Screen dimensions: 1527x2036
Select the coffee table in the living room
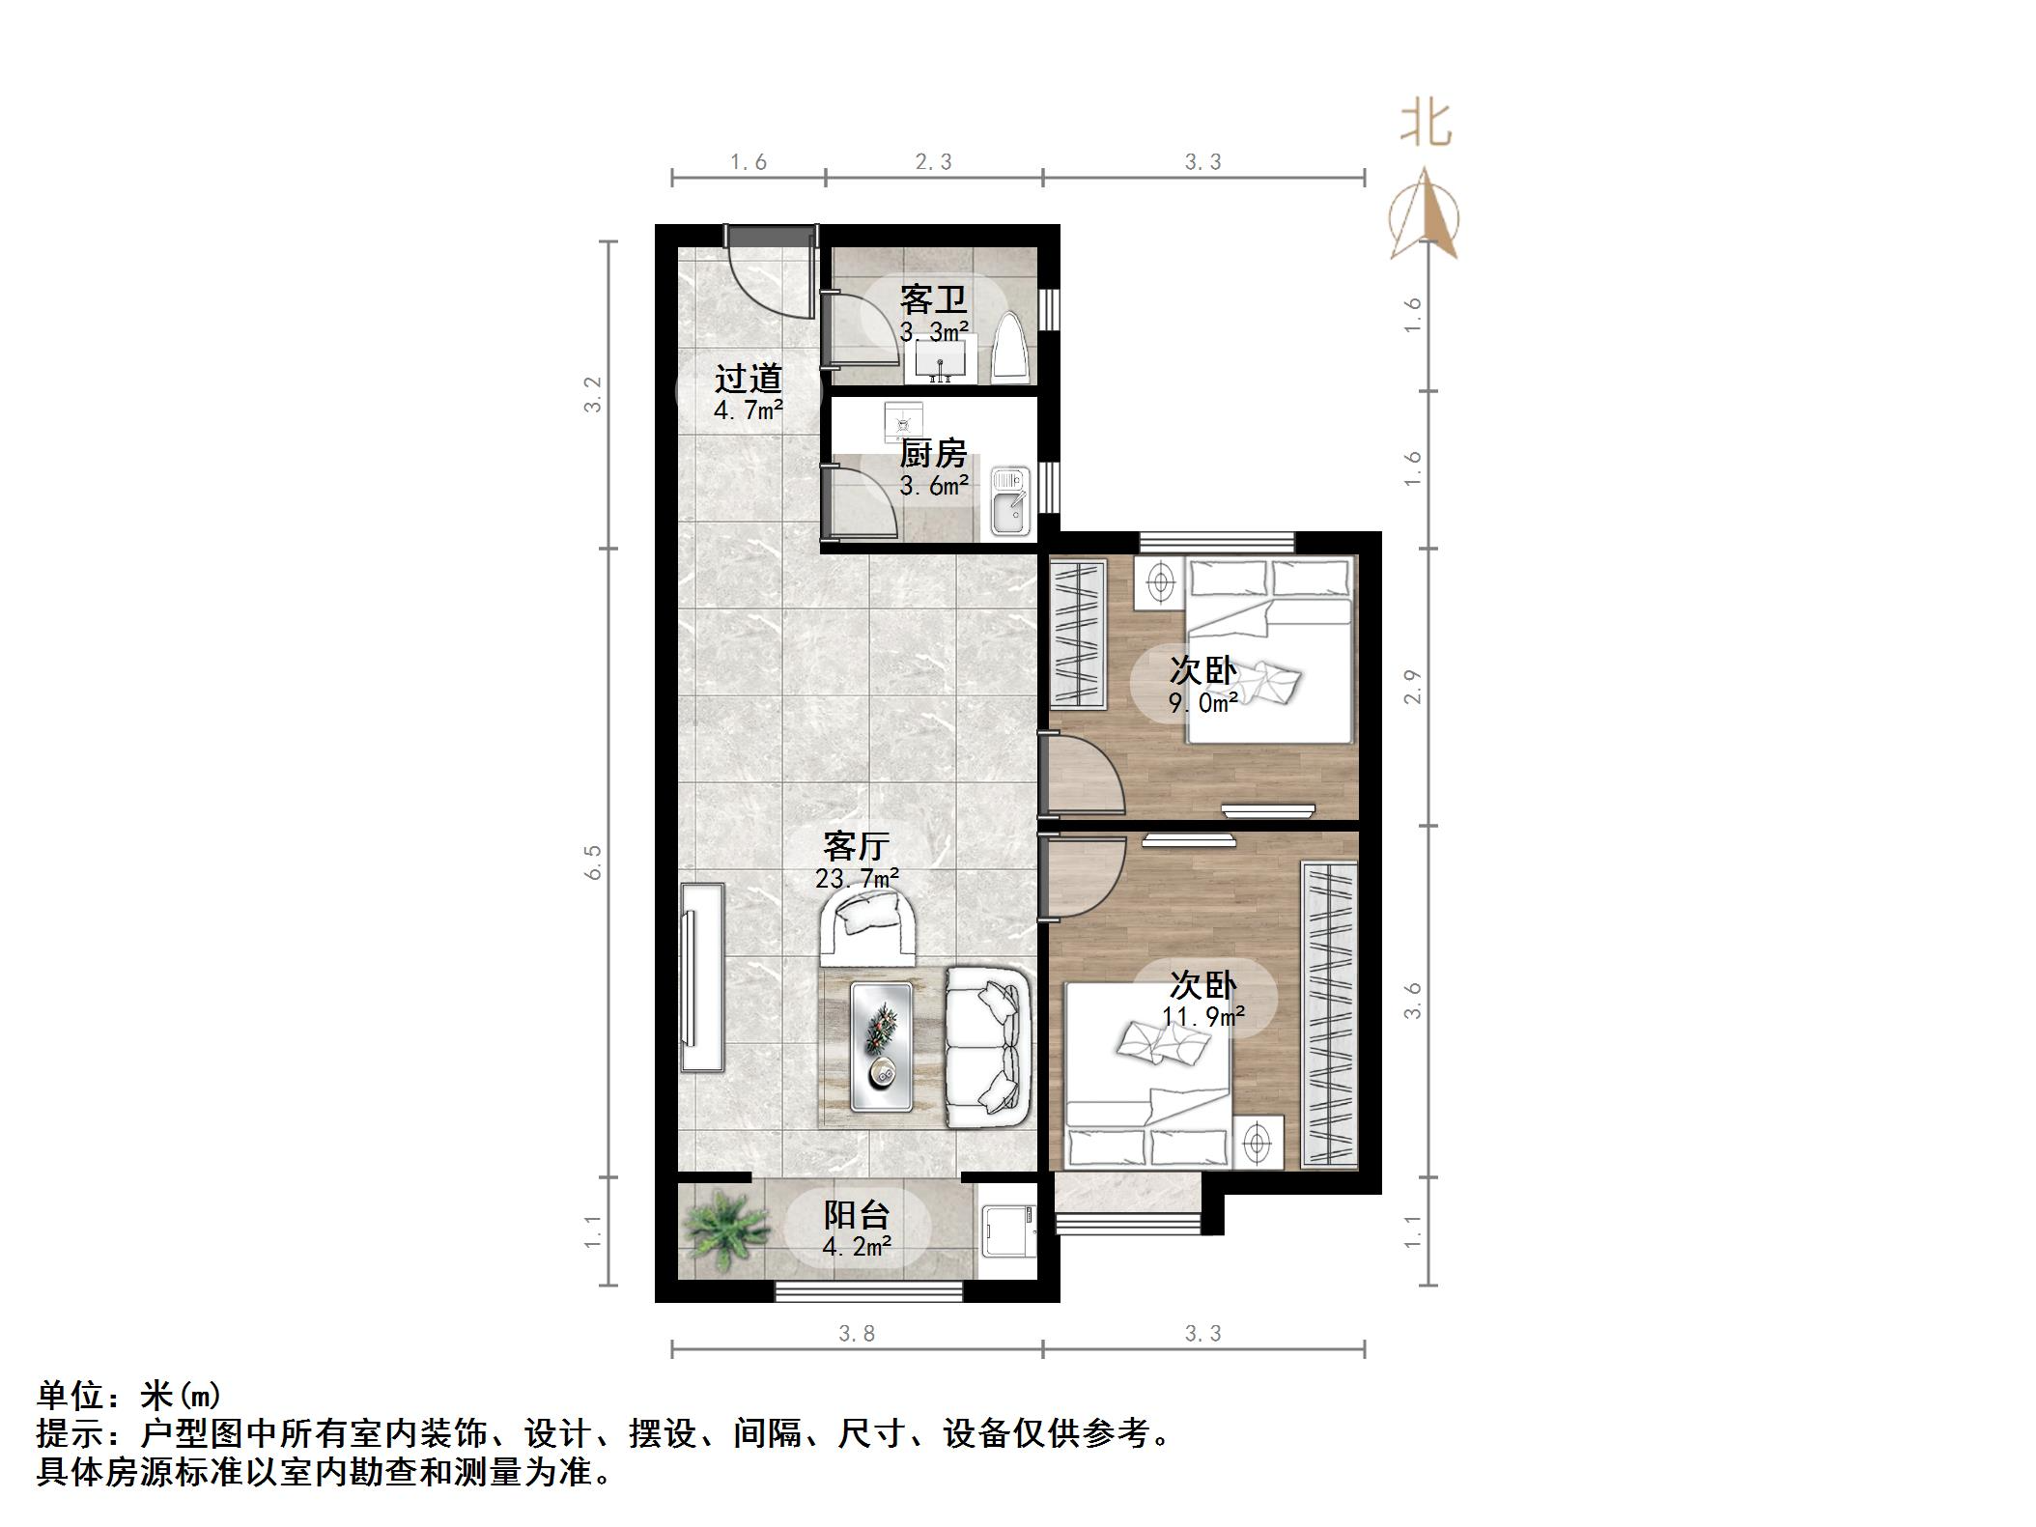pos(882,1045)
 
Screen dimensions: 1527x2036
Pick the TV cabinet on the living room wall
pos(702,976)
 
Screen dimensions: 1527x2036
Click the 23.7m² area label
pos(857,879)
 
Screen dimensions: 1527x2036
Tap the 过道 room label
pos(748,379)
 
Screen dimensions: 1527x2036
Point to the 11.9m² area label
pos(1202,1016)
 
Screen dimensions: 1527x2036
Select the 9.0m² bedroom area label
pos(1202,703)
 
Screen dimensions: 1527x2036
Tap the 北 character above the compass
pos(1426,125)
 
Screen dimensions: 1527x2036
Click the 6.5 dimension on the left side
pos(593,862)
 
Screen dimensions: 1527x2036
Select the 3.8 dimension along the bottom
pos(857,1333)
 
